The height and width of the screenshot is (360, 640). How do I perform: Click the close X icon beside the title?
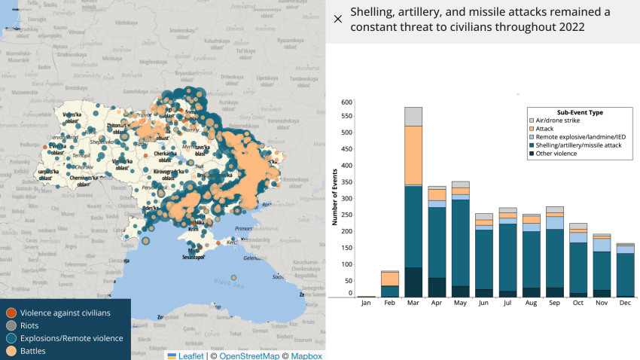coord(337,20)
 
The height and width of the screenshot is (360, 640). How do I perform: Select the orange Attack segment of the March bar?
coord(413,154)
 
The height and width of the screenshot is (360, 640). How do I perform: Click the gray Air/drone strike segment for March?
coord(413,116)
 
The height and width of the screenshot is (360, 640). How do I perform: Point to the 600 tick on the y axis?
coord(347,102)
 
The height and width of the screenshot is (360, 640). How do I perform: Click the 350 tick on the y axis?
coord(347,183)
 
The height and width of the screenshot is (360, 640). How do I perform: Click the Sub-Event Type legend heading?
coord(574,112)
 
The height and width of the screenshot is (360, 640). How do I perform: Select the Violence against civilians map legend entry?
coord(65,313)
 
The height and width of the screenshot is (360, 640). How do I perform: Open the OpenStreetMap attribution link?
coord(250,356)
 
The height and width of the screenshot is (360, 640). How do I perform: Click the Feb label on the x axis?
coord(390,304)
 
